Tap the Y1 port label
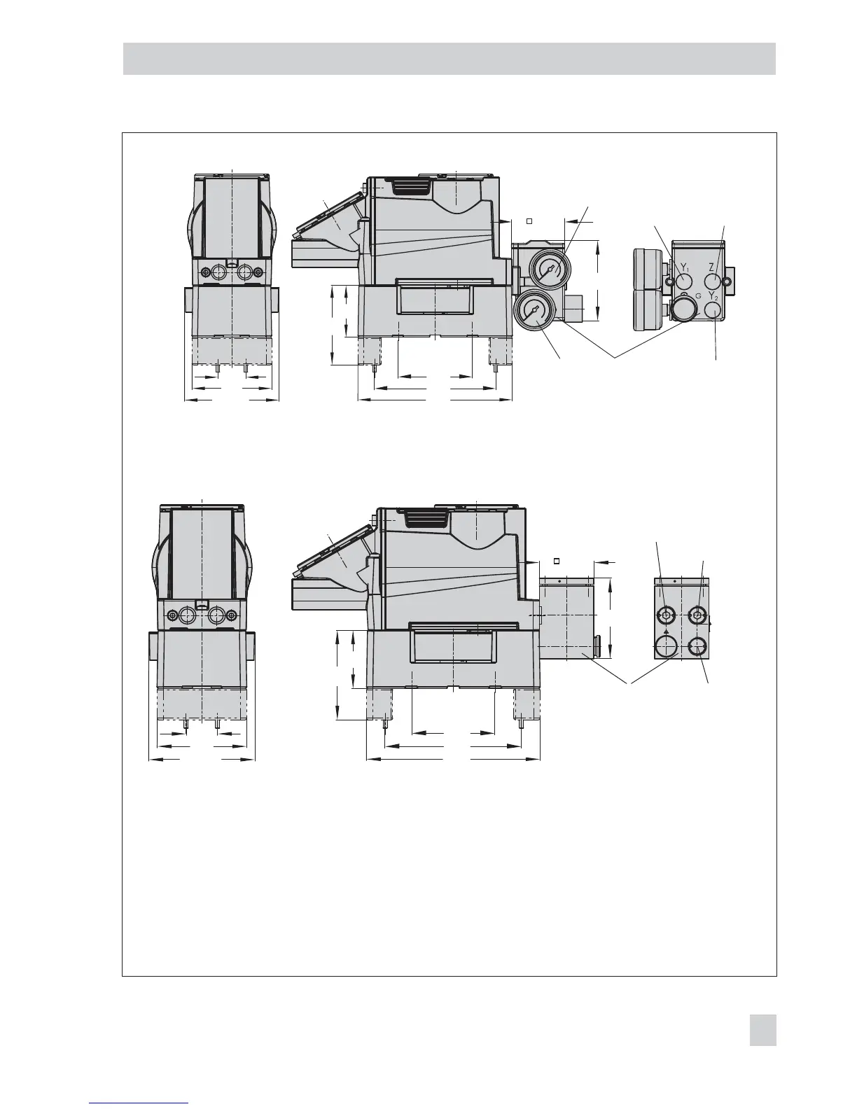[685, 267]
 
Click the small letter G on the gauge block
[698, 296]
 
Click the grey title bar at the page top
[450, 59]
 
